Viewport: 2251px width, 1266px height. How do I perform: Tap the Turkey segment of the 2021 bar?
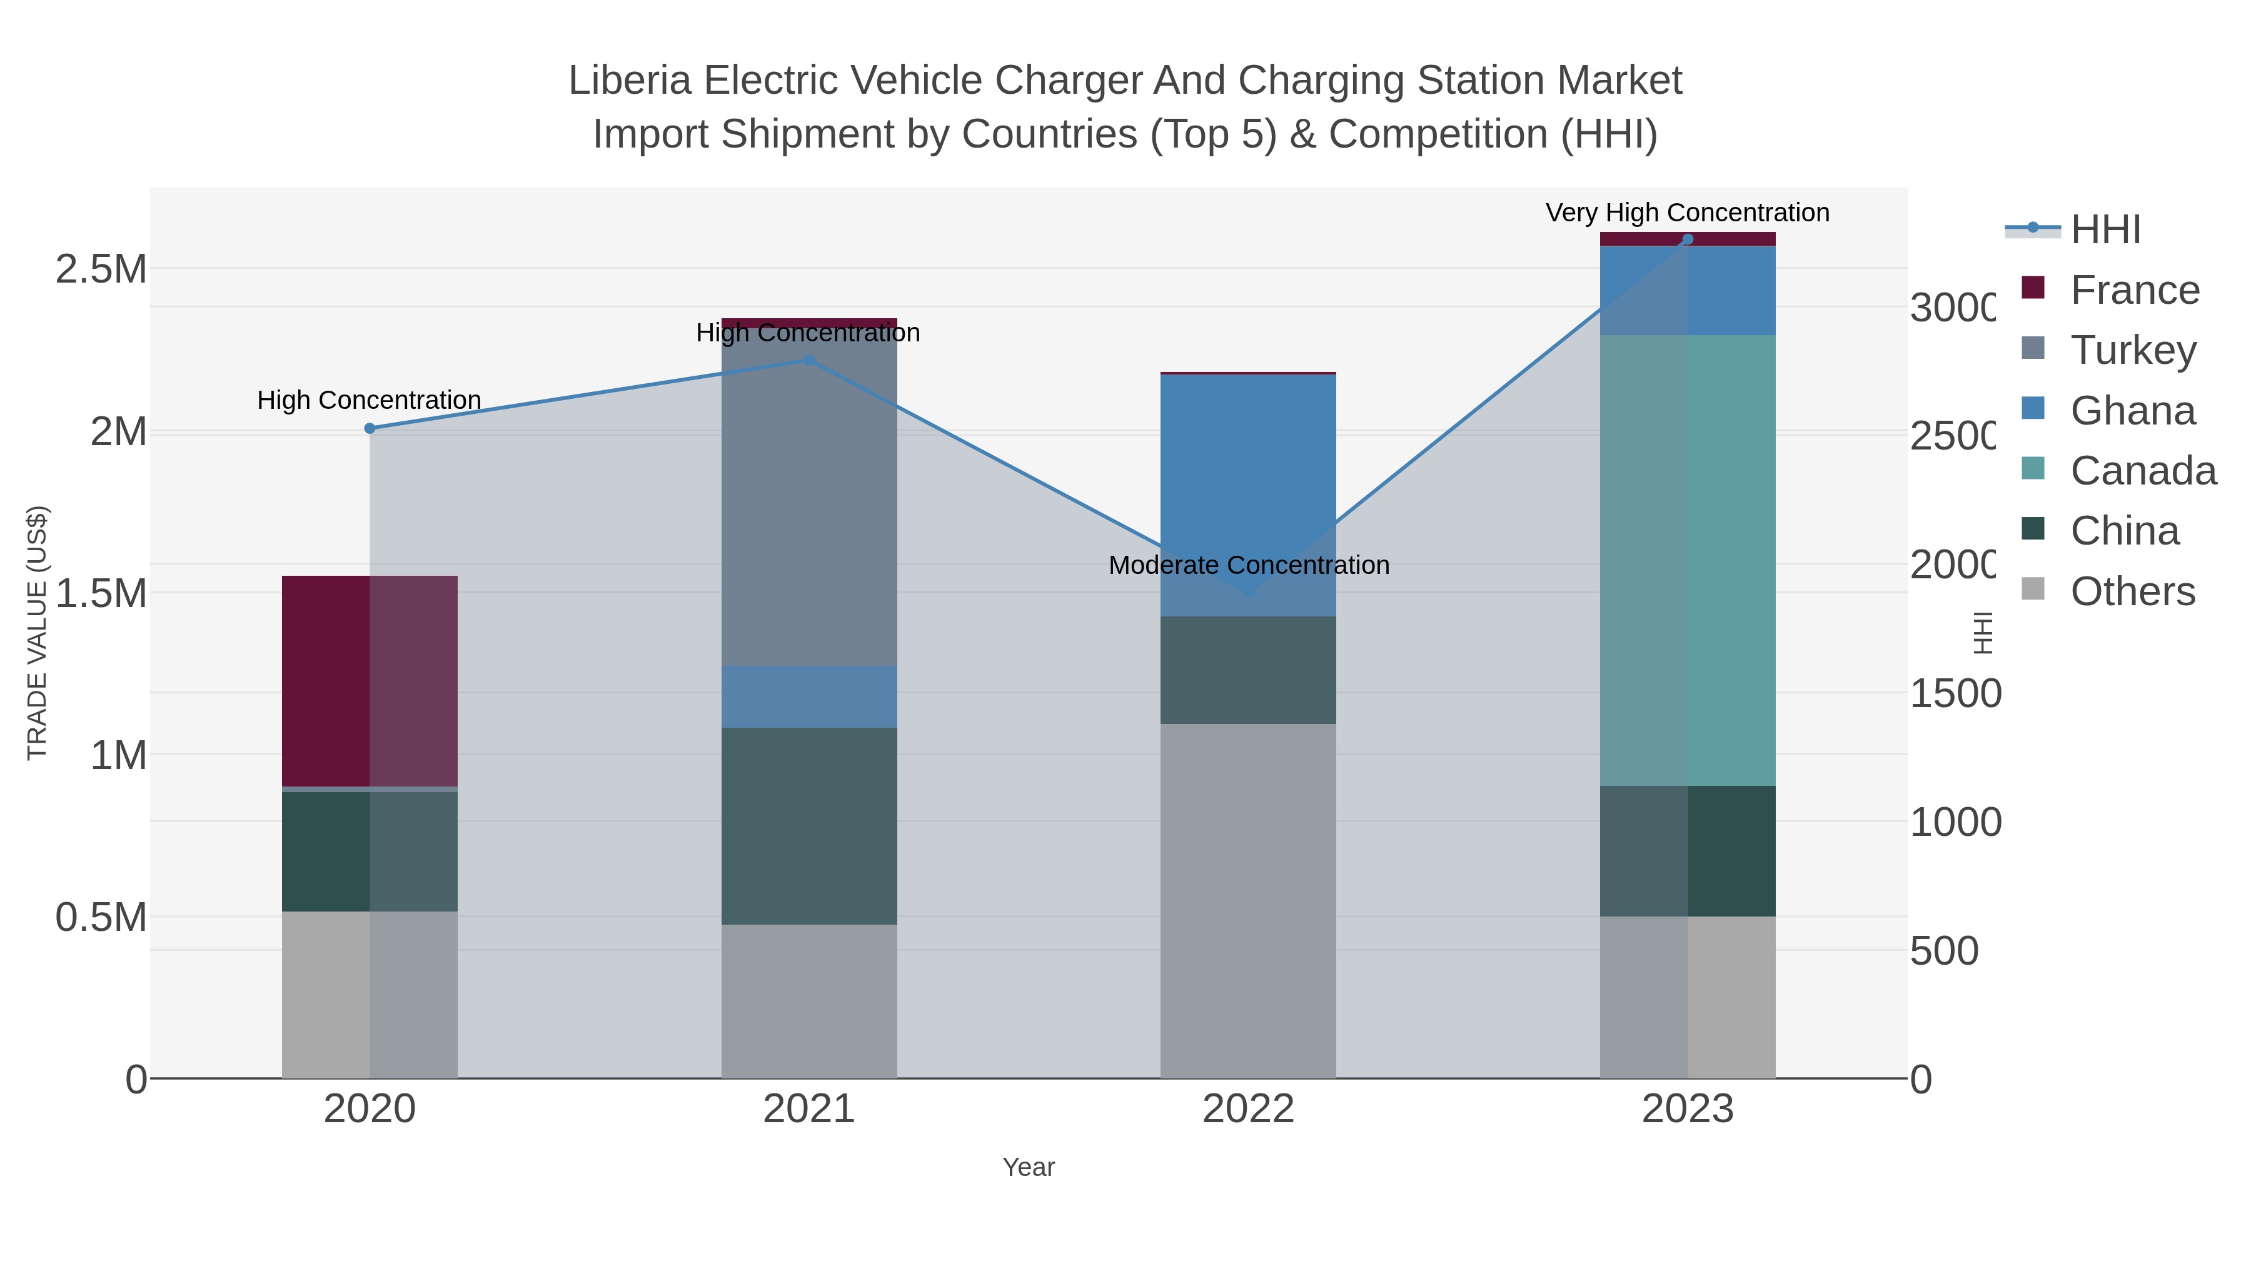click(808, 498)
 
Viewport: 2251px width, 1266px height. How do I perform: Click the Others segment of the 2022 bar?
click(1248, 900)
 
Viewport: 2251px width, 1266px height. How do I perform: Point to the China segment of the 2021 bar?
click(808, 826)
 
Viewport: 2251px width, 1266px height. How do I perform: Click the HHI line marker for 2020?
click(370, 428)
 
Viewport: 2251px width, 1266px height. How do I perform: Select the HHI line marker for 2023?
click(1688, 239)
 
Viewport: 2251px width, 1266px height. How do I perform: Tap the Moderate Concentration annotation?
click(1248, 565)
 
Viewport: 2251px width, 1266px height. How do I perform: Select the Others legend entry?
click(2132, 591)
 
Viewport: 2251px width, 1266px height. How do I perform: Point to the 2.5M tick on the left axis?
click(101, 269)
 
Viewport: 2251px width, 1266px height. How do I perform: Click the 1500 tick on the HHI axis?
click(1954, 694)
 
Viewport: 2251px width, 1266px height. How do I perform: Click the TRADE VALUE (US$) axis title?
click(37, 633)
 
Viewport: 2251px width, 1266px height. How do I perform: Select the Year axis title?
click(1029, 1167)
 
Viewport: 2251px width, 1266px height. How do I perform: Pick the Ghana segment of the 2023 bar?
click(1686, 290)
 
